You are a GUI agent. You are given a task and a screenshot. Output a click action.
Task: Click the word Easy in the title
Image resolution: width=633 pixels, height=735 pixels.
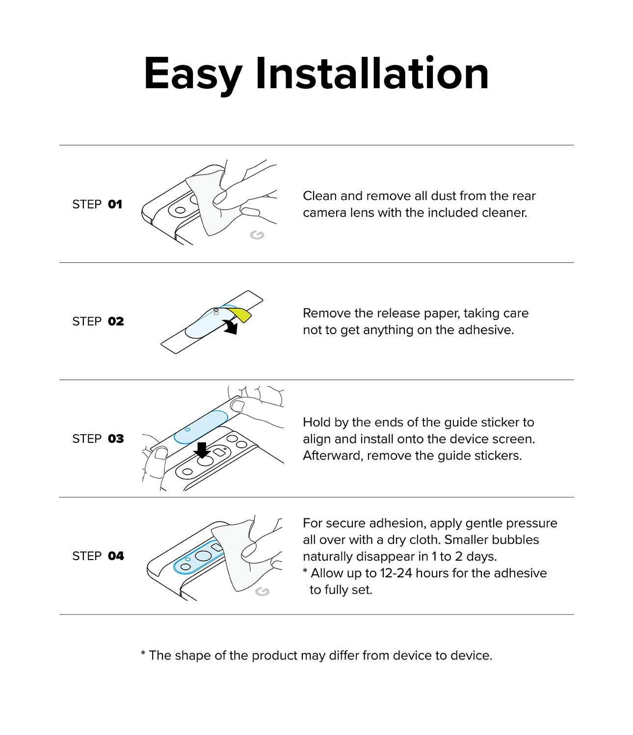click(193, 74)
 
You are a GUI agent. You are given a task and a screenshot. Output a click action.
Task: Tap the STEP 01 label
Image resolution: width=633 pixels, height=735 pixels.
click(97, 204)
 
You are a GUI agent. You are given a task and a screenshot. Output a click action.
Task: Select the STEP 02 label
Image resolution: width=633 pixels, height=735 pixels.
click(98, 321)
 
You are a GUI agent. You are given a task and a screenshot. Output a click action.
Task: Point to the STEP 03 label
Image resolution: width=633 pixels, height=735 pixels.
click(98, 439)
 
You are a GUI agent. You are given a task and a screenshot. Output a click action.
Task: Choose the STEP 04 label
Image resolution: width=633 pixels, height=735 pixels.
click(98, 556)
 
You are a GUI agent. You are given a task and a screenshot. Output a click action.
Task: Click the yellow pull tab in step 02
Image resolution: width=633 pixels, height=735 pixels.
click(242, 314)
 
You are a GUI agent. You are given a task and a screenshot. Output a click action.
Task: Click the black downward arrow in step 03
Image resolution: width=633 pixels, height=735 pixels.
click(202, 449)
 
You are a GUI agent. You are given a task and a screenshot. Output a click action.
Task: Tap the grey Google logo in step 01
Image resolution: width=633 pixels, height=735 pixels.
click(257, 235)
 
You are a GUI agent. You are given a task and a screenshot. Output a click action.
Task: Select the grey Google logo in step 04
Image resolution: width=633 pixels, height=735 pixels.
click(263, 591)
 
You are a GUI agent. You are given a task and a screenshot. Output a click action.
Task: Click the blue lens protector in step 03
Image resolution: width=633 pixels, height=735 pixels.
click(201, 426)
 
